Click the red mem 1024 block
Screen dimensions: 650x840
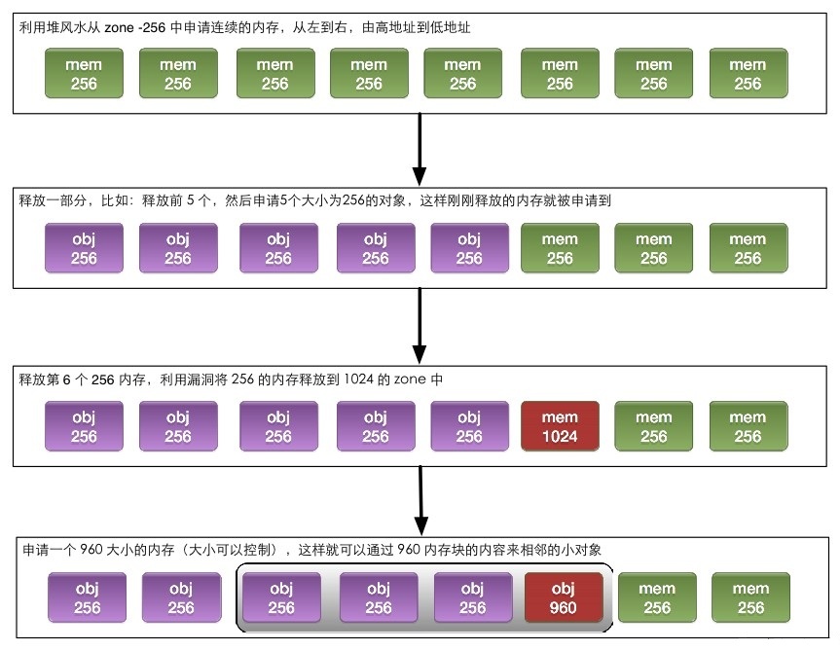pos(561,426)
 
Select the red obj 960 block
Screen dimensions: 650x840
pos(563,597)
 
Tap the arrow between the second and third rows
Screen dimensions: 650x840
pos(420,326)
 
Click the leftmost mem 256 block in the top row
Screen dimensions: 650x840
pos(84,74)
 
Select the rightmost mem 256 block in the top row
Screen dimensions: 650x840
pos(748,74)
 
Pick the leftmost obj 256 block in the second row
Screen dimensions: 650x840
pos(84,248)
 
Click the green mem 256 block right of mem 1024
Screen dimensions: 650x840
pos(654,426)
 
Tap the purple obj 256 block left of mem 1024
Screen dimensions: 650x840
pos(469,426)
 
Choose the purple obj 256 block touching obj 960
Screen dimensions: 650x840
pos(472,597)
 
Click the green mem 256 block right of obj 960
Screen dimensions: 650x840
pos(657,597)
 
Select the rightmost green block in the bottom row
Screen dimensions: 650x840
pos(750,597)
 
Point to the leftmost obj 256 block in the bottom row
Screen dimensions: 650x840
pos(87,597)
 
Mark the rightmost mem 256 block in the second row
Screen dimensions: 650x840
pos(748,248)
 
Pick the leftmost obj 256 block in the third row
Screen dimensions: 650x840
pos(84,426)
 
